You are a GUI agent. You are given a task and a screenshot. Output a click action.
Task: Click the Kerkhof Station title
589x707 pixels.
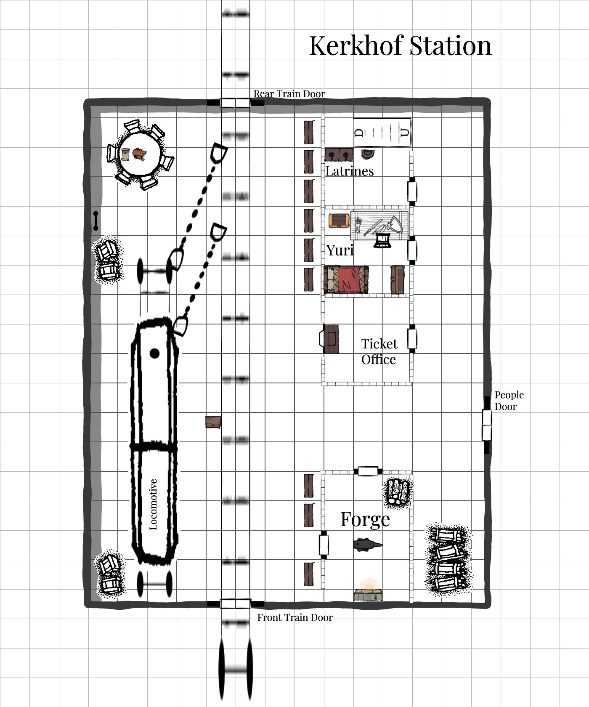[400, 45]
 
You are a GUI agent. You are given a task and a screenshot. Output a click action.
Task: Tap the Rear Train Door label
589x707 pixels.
[289, 93]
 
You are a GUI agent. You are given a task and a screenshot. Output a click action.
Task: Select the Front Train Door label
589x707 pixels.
[295, 617]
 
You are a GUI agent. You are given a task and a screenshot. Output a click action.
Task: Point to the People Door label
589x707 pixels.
[509, 401]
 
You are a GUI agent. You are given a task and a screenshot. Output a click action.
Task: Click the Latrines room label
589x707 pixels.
[350, 171]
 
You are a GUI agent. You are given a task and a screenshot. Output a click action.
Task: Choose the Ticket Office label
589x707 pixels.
[379, 351]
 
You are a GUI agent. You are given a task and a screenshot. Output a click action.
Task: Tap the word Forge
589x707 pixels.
[365, 519]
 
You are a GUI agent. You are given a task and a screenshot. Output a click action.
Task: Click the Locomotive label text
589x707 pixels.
[153, 504]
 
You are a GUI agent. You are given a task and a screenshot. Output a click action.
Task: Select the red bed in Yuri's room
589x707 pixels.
[346, 279]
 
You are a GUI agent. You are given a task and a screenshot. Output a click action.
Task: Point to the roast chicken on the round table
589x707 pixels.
[139, 154]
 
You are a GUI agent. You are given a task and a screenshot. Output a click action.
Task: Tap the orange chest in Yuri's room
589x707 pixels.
[339, 221]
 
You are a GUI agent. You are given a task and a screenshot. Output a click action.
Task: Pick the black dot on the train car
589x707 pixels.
[154, 353]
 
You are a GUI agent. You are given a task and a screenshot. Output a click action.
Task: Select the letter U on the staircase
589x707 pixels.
[404, 133]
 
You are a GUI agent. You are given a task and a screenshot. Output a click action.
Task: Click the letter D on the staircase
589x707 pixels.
[359, 133]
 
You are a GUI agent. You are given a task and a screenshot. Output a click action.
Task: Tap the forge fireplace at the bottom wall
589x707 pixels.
[368, 590]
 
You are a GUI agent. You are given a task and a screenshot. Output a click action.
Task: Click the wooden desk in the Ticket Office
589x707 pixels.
[330, 339]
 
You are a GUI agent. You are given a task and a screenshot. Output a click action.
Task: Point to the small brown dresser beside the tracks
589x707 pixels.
[213, 422]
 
